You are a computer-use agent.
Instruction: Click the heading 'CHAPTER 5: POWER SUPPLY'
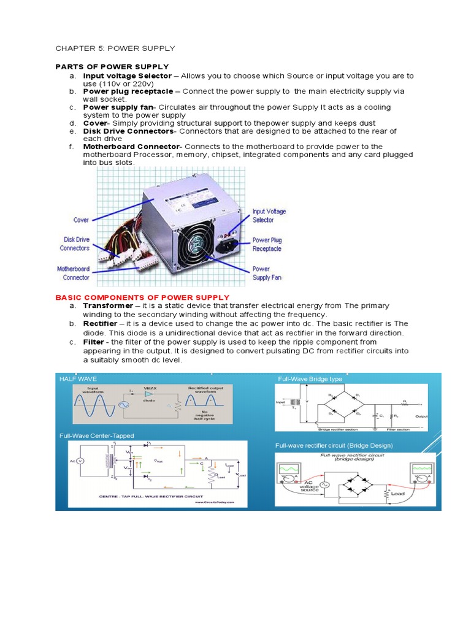115,48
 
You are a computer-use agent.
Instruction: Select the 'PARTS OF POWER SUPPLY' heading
112,66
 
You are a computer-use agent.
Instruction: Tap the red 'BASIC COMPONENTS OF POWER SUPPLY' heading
142,297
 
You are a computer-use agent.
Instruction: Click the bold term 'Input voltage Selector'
127,75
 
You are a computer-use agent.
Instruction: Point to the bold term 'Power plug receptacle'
128,91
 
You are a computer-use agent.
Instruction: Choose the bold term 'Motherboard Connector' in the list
131,147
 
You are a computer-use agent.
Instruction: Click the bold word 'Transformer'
108,305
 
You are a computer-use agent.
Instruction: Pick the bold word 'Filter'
94,342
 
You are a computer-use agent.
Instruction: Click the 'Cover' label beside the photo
81,220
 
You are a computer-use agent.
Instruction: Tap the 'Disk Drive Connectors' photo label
74,244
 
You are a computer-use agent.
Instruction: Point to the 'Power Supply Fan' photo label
267,273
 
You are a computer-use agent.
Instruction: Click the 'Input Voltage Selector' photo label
269,215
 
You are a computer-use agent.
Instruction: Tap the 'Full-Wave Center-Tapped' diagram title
96,435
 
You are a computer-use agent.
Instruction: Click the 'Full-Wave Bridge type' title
310,379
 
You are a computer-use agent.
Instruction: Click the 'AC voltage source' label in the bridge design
310,488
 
